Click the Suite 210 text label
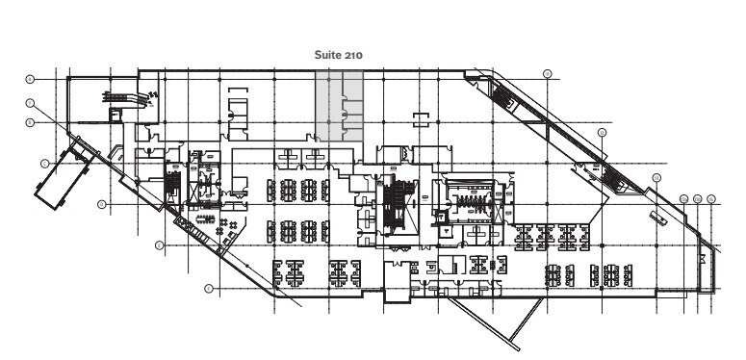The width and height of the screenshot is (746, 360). pyautogui.click(x=339, y=55)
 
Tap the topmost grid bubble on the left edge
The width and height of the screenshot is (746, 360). pyautogui.click(x=30, y=77)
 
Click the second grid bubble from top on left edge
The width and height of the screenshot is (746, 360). pyautogui.click(x=30, y=102)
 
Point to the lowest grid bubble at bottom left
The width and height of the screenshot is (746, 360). pyautogui.click(x=209, y=288)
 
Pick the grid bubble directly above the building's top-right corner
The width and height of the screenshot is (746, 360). pyautogui.click(x=547, y=73)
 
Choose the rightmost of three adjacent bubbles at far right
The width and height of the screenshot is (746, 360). pyautogui.click(x=711, y=198)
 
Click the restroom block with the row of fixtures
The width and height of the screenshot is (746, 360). pyautogui.click(x=471, y=201)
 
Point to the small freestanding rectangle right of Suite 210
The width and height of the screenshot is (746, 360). pyautogui.click(x=420, y=118)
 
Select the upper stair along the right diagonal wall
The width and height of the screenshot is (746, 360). pyautogui.click(x=503, y=97)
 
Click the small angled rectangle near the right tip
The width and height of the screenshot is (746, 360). pyautogui.click(x=658, y=217)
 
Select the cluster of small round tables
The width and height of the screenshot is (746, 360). pyautogui.click(x=228, y=227)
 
